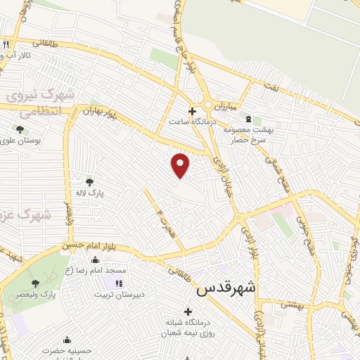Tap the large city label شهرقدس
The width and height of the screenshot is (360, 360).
coord(226,288)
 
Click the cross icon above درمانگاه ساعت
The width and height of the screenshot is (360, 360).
coord(192,110)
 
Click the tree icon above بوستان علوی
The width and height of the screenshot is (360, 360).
coord(20,129)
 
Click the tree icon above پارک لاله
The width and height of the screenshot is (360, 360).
coord(89,181)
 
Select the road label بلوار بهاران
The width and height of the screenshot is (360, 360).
coord(97,112)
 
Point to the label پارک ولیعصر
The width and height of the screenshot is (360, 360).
coord(39,294)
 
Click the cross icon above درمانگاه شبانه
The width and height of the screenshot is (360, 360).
coord(187,311)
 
